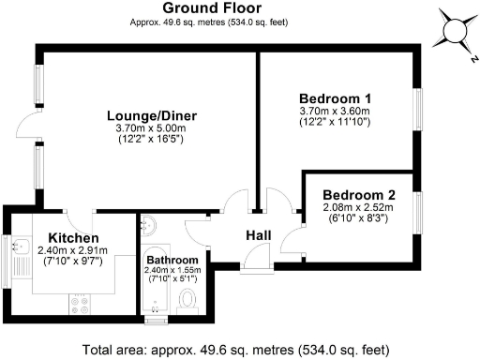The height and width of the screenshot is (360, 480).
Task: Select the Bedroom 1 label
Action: click(x=335, y=98)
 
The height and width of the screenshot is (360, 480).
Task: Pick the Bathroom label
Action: click(x=172, y=260)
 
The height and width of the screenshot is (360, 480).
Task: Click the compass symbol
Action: click(x=456, y=32)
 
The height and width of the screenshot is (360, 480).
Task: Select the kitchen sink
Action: click(x=19, y=258)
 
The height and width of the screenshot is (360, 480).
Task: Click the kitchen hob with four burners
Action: click(x=78, y=305)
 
